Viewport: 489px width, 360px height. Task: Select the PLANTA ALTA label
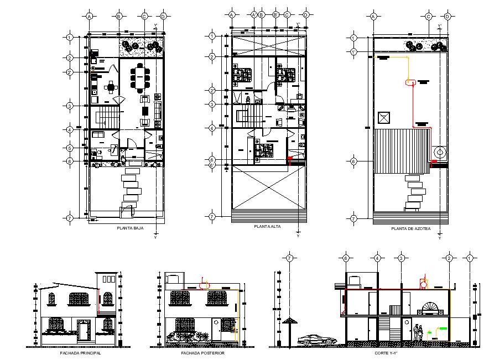(x=267, y=227)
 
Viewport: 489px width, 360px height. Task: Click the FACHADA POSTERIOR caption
(x=202, y=352)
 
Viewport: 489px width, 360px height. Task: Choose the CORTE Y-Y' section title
(x=386, y=352)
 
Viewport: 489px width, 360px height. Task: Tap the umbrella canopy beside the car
(x=290, y=321)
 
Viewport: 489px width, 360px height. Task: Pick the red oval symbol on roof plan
(x=410, y=82)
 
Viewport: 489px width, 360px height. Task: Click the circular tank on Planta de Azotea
(x=440, y=152)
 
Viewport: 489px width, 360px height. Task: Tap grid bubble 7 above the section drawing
(x=289, y=258)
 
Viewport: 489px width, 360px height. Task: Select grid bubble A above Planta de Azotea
(x=373, y=17)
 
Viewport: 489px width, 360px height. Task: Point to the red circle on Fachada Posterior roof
(x=205, y=285)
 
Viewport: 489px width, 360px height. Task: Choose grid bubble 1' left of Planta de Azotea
(x=354, y=52)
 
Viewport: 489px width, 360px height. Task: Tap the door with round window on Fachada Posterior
(x=227, y=326)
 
